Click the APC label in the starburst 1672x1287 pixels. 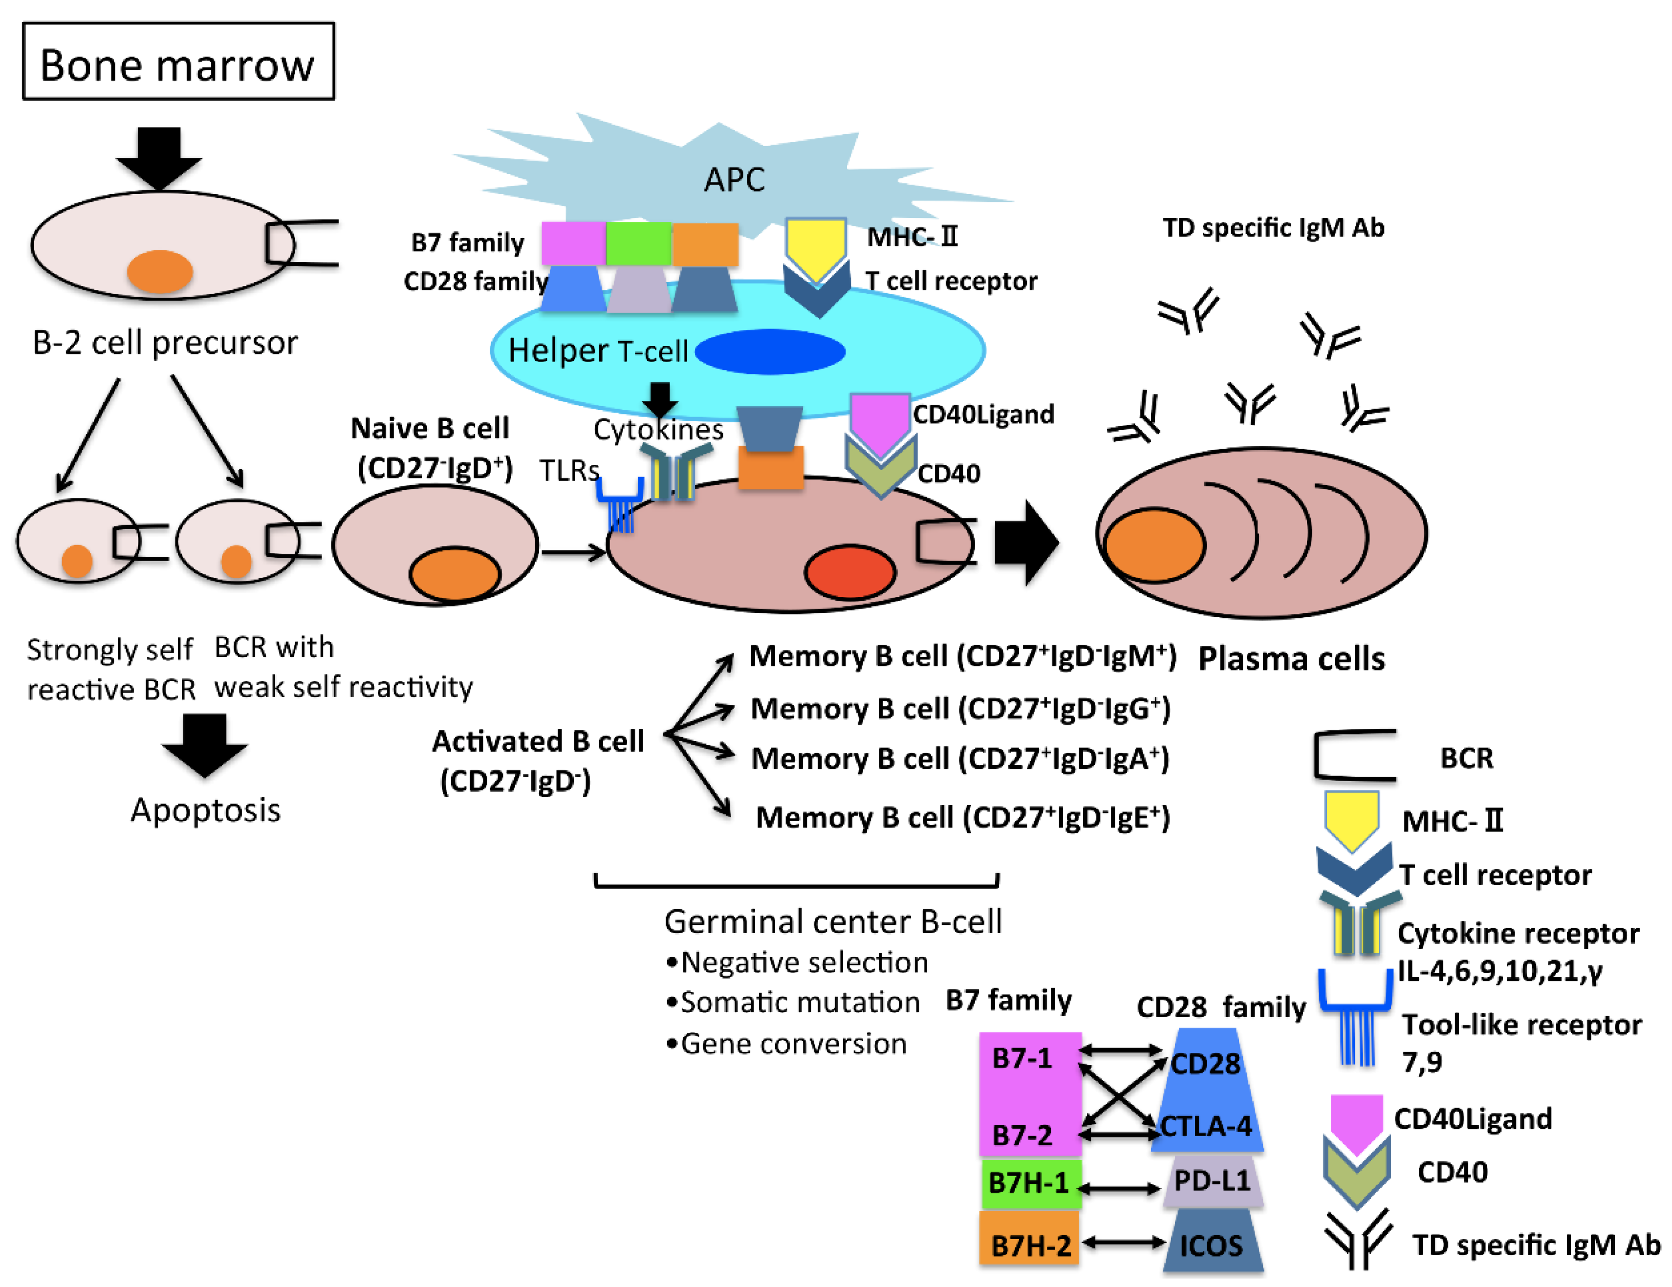point(734,179)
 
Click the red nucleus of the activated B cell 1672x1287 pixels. point(850,572)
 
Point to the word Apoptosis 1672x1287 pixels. point(205,810)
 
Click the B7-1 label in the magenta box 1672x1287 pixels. point(1021,1058)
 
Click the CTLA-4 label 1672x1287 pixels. point(1206,1126)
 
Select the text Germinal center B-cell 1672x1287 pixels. point(832,921)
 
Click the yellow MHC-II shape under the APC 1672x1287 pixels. point(816,246)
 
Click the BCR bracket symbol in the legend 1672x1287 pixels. point(1353,756)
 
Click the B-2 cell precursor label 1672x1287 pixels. point(165,342)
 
